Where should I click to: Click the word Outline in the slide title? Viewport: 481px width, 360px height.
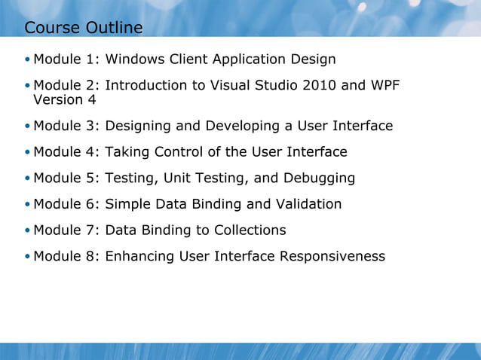click(x=113, y=28)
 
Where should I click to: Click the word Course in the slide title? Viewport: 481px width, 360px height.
click(x=52, y=28)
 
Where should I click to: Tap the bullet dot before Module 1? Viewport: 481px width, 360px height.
click(x=28, y=59)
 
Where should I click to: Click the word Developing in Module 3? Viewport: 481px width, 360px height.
click(x=230, y=126)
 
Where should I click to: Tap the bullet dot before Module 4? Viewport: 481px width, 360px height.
click(x=28, y=153)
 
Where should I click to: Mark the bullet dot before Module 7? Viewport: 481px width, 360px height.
click(x=28, y=230)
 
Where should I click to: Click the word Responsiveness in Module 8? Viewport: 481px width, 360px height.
click(x=332, y=256)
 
